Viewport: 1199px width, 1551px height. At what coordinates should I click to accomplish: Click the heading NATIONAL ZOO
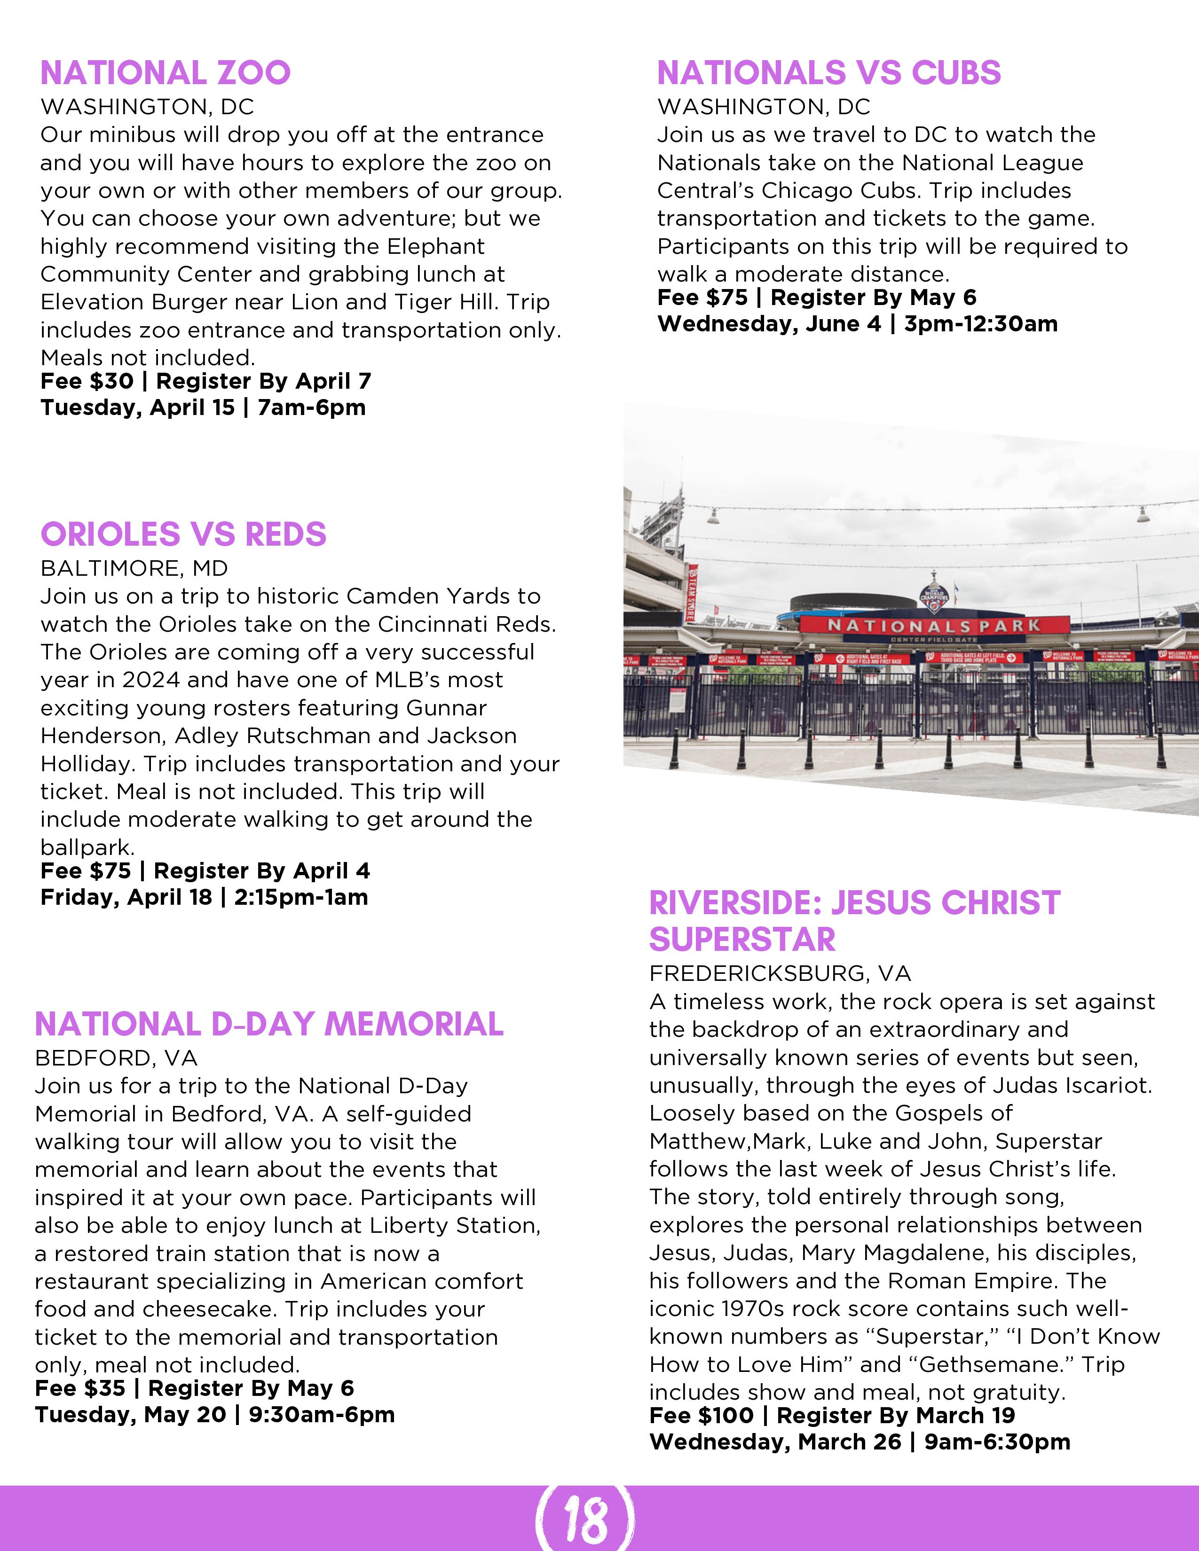[x=166, y=73]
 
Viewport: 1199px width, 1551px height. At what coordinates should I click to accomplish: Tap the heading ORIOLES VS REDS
[x=183, y=534]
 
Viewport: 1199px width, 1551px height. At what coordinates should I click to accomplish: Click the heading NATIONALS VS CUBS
[x=829, y=73]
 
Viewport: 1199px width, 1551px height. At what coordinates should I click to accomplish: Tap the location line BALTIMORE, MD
[x=134, y=568]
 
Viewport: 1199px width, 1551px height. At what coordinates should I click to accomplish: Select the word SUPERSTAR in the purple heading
[x=742, y=939]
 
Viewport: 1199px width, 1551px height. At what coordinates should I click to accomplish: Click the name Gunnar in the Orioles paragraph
[x=446, y=707]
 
